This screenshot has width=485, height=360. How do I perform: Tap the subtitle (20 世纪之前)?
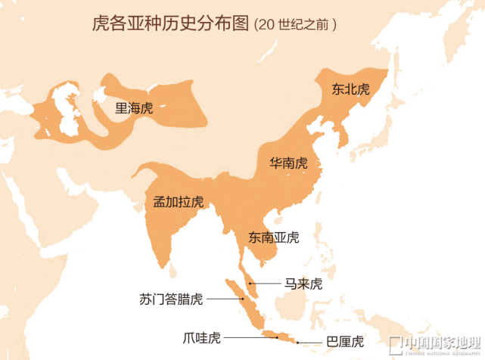(296, 23)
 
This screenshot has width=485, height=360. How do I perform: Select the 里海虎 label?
(133, 107)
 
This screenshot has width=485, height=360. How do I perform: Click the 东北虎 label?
(350, 88)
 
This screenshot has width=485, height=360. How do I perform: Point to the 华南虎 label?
(289, 163)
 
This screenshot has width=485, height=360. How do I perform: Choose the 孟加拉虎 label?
(178, 202)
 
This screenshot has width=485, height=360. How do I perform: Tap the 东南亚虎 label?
(273, 237)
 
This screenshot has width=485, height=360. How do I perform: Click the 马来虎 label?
(303, 284)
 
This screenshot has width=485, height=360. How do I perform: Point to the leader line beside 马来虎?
(266, 284)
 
